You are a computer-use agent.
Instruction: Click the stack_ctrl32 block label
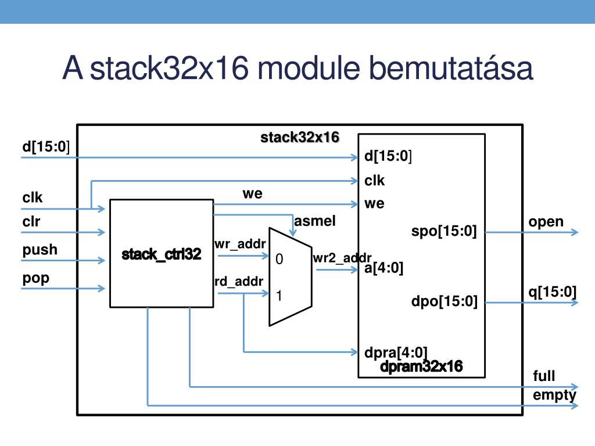click(x=162, y=254)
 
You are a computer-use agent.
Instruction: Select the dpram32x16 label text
click(x=421, y=366)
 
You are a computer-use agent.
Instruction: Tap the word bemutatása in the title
click(x=451, y=69)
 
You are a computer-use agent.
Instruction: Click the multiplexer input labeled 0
click(x=279, y=259)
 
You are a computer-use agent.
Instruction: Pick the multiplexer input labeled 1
click(x=279, y=296)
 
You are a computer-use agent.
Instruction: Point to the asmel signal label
click(x=315, y=221)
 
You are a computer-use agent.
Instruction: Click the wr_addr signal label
click(x=240, y=244)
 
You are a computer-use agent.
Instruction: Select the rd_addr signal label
click(x=239, y=282)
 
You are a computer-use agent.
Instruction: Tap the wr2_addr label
click(x=342, y=258)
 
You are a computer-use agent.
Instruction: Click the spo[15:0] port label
click(x=444, y=231)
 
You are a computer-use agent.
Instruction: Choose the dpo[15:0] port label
click(x=445, y=301)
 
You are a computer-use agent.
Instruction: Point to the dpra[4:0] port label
click(x=396, y=353)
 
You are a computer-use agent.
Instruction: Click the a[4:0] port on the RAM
click(x=383, y=268)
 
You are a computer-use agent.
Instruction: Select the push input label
click(x=40, y=250)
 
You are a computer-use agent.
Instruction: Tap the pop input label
click(x=35, y=278)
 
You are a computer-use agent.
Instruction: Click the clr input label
click(x=31, y=221)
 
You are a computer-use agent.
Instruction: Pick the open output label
click(x=546, y=222)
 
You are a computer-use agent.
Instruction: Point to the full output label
click(x=544, y=376)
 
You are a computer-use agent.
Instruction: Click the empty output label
click(x=554, y=395)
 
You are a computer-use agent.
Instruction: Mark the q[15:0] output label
click(x=553, y=292)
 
